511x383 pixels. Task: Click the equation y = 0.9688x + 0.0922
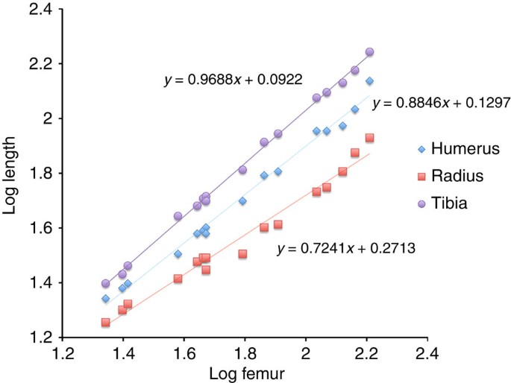pos(233,78)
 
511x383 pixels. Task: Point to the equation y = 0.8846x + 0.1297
pos(440,104)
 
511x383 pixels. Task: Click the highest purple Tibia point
pos(369,52)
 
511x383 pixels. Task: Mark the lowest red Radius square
pos(105,323)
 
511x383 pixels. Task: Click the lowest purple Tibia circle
pos(105,284)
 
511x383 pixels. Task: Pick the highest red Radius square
pos(369,138)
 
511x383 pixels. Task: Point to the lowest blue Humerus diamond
pos(105,298)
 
